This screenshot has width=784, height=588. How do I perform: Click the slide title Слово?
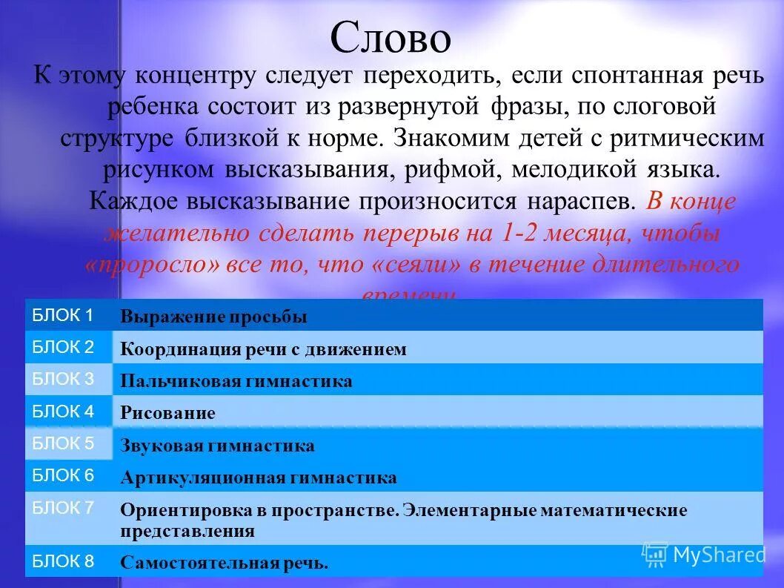(x=391, y=39)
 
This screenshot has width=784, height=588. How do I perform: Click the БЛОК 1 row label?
(x=63, y=315)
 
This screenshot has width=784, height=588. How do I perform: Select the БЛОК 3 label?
(x=63, y=379)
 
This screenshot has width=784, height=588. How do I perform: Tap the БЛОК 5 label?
(x=63, y=443)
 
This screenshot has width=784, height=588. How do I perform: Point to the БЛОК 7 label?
(x=63, y=508)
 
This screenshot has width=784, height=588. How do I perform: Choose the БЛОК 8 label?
(x=63, y=561)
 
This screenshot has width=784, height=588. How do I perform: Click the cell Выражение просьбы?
(x=213, y=317)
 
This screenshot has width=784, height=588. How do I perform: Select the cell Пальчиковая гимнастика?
(x=236, y=382)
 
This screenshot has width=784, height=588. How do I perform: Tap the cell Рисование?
(x=167, y=414)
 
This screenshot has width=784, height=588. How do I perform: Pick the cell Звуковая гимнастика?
(x=217, y=446)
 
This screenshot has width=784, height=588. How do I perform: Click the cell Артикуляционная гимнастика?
(x=258, y=478)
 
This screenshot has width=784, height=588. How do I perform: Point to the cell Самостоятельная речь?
(x=224, y=563)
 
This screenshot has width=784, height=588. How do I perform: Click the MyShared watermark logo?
(x=703, y=555)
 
